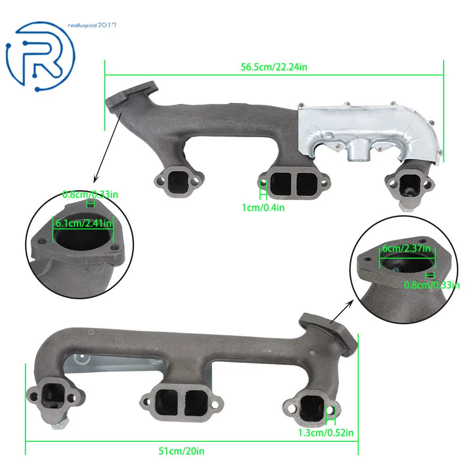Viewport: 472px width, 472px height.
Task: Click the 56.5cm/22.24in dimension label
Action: (x=274, y=67)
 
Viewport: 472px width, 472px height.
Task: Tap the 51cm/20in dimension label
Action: (x=181, y=451)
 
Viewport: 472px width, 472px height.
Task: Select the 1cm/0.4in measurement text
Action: (x=263, y=207)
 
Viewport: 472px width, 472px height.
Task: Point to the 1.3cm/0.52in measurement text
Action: (x=326, y=432)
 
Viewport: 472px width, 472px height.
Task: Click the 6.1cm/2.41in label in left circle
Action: (x=84, y=223)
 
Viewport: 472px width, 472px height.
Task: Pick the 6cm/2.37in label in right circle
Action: (x=406, y=248)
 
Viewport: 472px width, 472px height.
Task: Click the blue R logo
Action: (x=40, y=56)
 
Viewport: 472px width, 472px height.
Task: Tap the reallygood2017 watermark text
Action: (x=92, y=25)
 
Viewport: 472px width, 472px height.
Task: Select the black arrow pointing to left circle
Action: (x=108, y=147)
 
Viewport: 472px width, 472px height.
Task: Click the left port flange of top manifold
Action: (x=179, y=181)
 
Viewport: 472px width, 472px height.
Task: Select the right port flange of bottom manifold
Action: (x=312, y=407)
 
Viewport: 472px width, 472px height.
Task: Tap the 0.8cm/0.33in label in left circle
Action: (x=90, y=194)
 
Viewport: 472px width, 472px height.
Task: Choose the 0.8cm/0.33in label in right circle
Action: (x=432, y=285)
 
